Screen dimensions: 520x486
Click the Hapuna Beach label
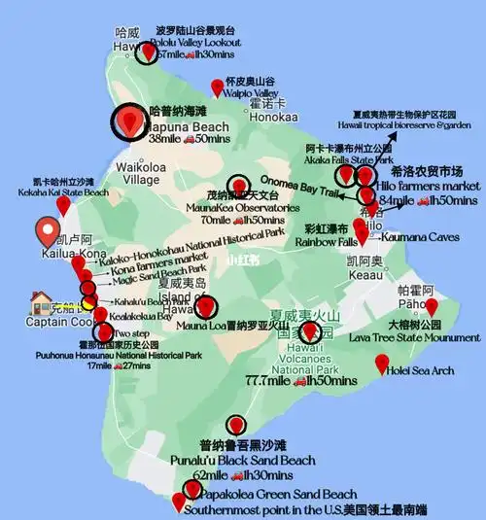click(189, 126)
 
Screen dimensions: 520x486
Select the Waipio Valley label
click(251, 94)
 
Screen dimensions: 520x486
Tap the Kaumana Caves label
click(414, 236)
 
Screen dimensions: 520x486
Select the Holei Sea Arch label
click(420, 369)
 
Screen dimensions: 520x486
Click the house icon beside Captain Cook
click(41, 301)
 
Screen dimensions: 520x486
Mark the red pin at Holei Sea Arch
click(382, 364)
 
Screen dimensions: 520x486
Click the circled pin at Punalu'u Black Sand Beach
click(236, 425)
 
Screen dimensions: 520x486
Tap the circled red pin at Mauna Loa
click(204, 307)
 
